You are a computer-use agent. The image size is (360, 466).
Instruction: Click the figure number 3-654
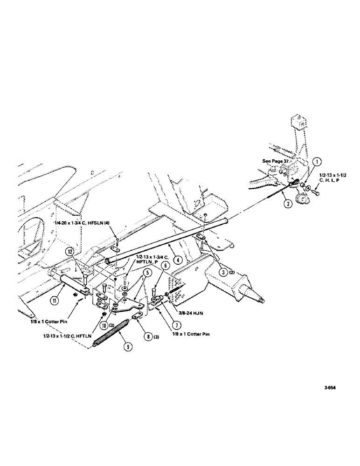(328, 386)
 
